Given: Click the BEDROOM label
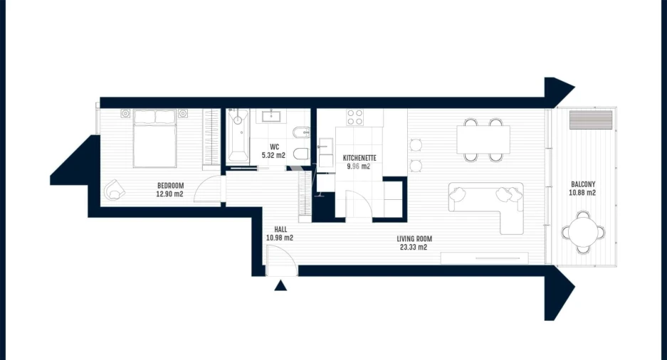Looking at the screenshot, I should [170, 186].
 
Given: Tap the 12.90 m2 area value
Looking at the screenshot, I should [170, 194].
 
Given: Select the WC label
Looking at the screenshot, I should [274, 147].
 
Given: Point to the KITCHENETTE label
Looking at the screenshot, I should [359, 158].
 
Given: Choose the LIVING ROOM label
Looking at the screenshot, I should [415, 239].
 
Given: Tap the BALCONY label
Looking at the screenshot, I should [582, 183].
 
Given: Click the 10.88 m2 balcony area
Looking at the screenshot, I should [582, 192].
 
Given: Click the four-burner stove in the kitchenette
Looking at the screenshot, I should [354, 117].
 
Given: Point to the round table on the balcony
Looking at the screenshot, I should [583, 231].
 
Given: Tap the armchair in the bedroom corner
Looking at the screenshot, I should [114, 190].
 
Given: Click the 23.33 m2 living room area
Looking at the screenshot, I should [412, 248].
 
